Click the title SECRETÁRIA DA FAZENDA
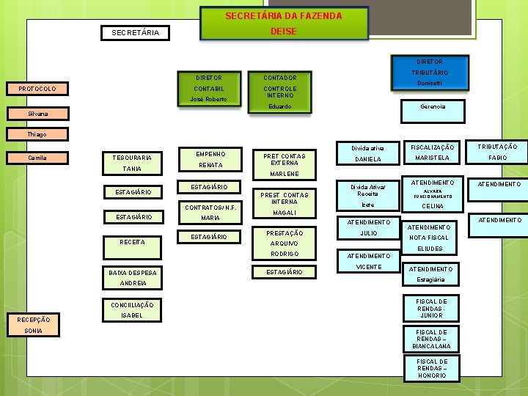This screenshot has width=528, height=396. pyautogui.click(x=283, y=15)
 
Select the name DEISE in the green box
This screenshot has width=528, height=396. pyautogui.click(x=283, y=32)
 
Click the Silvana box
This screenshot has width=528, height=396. pyautogui.click(x=37, y=114)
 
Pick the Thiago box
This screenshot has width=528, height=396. pyautogui.click(x=37, y=135)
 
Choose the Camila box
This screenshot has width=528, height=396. pyautogui.click(x=37, y=158)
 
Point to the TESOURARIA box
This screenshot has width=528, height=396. pyautogui.click(x=132, y=158)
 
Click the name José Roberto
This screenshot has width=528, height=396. pyautogui.click(x=208, y=99)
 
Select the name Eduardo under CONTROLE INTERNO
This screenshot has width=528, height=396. pyautogui.click(x=279, y=107)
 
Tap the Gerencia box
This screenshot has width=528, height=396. pyautogui.click(x=431, y=107)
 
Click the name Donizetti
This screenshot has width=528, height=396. pyautogui.click(x=429, y=84)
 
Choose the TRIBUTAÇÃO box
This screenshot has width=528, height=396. pyautogui.click(x=497, y=147)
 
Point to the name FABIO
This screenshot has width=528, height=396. pyautogui.click(x=497, y=158)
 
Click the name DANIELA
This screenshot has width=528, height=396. pyautogui.click(x=368, y=159)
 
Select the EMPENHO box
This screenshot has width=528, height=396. pyautogui.click(x=210, y=154)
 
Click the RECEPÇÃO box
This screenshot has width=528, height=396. pyautogui.click(x=34, y=320)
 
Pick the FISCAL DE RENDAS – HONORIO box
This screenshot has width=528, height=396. pyautogui.click(x=431, y=368)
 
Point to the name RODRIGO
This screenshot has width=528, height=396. pyautogui.click(x=284, y=254)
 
